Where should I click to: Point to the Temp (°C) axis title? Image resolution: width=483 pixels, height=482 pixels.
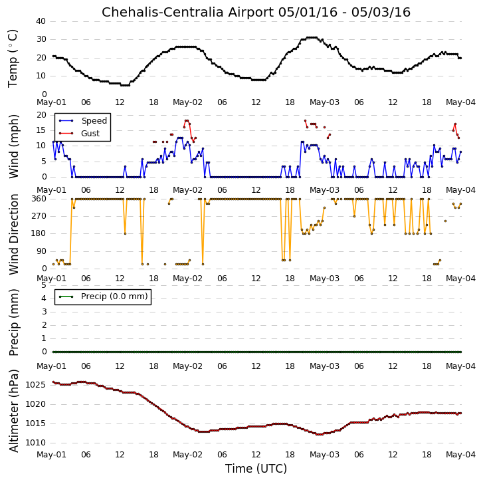(x=13, y=59)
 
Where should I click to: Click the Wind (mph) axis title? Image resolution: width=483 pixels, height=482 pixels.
(x=13, y=146)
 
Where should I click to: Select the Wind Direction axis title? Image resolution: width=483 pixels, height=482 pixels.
(x=13, y=234)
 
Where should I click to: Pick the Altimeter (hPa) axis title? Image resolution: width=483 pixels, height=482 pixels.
(x=13, y=411)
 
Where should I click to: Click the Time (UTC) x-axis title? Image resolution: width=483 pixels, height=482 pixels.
(x=256, y=469)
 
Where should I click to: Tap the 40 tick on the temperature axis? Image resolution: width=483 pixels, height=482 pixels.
(x=41, y=21)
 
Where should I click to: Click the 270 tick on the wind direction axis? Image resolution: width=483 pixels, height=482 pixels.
(x=39, y=216)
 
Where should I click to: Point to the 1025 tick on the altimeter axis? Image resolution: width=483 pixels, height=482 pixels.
(x=35, y=385)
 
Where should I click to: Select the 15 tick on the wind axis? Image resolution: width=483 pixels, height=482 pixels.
(x=41, y=130)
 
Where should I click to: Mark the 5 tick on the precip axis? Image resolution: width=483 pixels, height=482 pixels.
(x=44, y=285)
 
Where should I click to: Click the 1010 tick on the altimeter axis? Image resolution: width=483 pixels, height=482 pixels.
(x=35, y=443)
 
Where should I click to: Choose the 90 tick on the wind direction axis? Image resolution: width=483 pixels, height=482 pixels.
(x=41, y=251)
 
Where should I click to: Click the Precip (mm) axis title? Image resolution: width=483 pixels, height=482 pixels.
(x=13, y=322)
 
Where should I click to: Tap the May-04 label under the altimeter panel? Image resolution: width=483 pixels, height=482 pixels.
(x=461, y=455)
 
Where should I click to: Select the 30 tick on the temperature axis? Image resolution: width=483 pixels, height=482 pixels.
(x=41, y=39)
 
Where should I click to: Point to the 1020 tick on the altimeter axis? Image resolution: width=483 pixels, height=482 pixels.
(x=35, y=404)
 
